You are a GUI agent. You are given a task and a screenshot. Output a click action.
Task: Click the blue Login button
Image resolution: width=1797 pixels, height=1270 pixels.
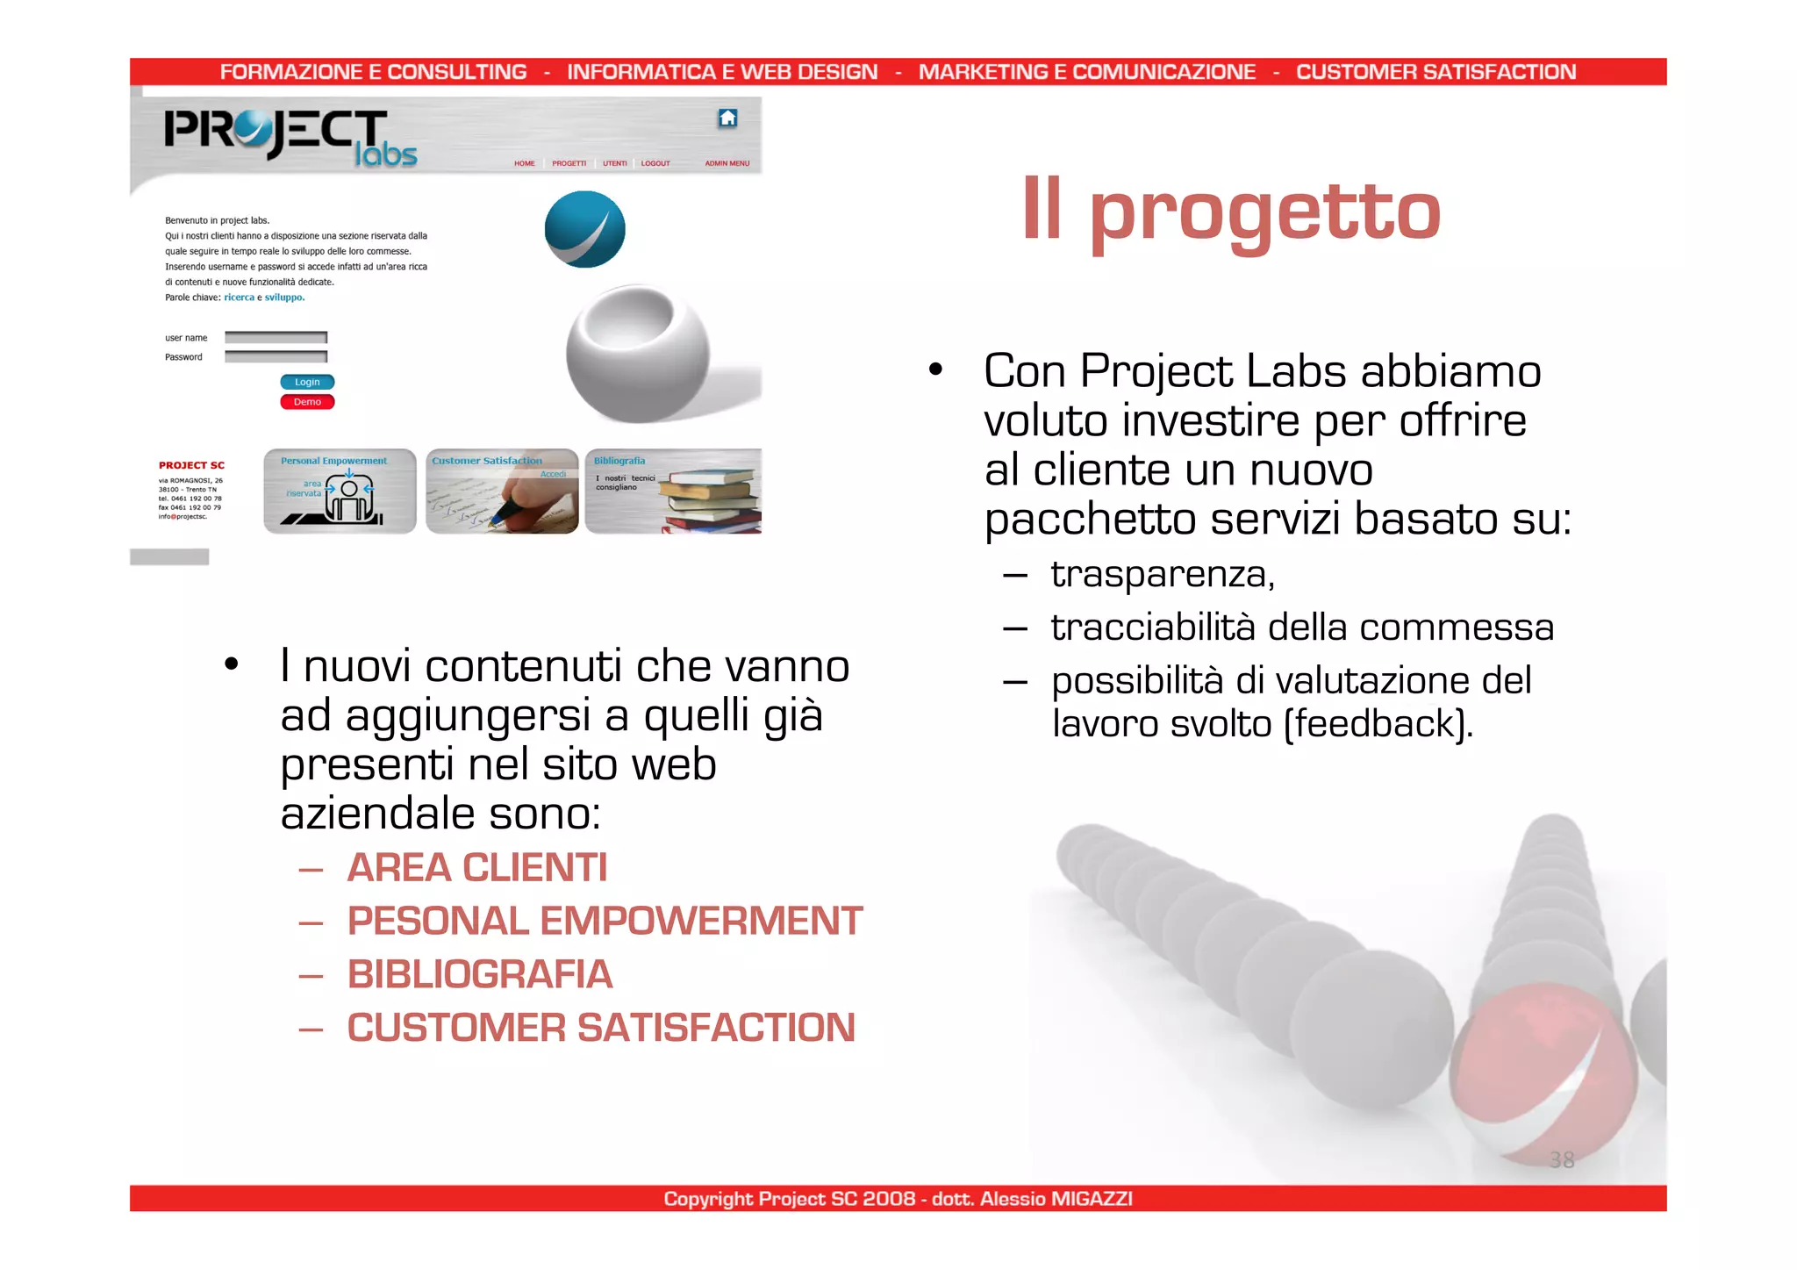pyautogui.click(x=307, y=382)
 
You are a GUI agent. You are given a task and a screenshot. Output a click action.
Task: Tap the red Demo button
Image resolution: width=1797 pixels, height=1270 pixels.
pyautogui.click(x=307, y=402)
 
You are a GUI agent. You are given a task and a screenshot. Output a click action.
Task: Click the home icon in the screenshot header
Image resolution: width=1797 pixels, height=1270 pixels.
pyautogui.click(x=727, y=118)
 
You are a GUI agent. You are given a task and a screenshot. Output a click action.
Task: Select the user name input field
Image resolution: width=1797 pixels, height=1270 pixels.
pyautogui.click(x=276, y=338)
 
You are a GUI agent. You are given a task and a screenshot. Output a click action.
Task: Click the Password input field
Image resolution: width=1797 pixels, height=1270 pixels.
pyautogui.click(x=276, y=357)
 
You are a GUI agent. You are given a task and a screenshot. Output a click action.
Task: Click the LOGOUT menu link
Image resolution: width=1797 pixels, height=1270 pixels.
pyautogui.click(x=655, y=163)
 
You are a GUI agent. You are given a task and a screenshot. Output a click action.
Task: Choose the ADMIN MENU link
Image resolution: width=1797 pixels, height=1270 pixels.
pyautogui.click(x=727, y=163)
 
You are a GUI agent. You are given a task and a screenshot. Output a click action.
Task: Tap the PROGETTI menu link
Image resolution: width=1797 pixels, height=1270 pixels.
pyautogui.click(x=569, y=163)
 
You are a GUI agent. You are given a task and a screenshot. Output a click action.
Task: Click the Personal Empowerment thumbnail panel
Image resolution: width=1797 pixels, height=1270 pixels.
pyautogui.click(x=340, y=491)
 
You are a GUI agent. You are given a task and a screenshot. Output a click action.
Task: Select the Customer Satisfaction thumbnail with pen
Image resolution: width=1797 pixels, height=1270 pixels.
pyautogui.click(x=502, y=491)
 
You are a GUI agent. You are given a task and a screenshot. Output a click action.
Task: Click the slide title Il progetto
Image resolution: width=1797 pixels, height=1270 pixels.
pyautogui.click(x=1231, y=211)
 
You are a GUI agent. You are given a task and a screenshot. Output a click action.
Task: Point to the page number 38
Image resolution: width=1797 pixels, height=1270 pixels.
pyautogui.click(x=1562, y=1160)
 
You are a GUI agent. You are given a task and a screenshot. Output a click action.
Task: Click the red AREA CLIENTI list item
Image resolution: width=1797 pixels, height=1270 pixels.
pyautogui.click(x=476, y=868)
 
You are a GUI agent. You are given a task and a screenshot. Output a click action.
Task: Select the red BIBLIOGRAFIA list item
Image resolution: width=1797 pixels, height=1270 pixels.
pyautogui.click(x=479, y=974)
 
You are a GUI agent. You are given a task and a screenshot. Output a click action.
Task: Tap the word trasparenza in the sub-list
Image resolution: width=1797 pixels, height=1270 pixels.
pyautogui.click(x=1162, y=574)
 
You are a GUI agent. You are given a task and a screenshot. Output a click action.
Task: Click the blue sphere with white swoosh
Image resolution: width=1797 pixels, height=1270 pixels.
pyautogui.click(x=584, y=229)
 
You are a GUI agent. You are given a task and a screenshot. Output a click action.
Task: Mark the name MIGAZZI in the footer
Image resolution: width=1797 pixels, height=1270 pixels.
pyautogui.click(x=1091, y=1199)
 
